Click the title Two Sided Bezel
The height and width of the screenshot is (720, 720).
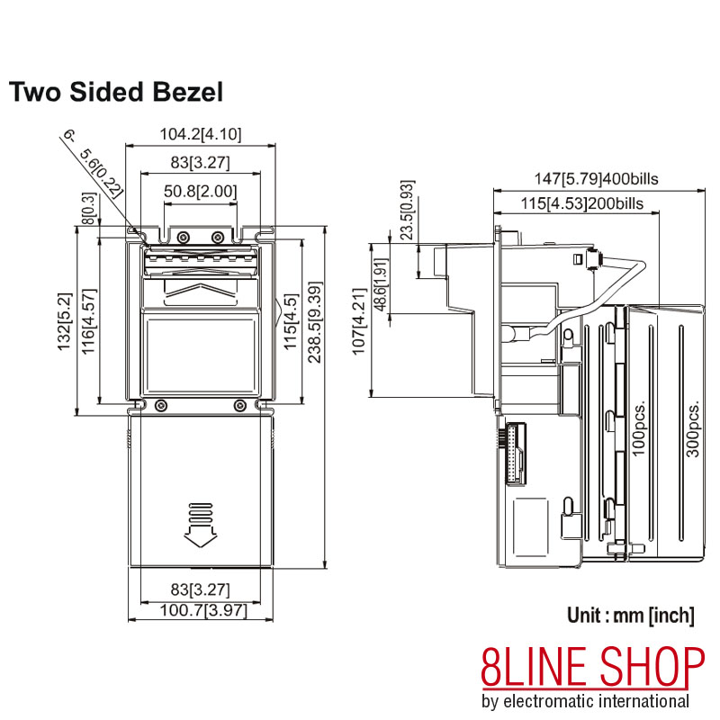[x=115, y=91]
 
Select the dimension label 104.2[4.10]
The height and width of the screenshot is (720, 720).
[x=200, y=135]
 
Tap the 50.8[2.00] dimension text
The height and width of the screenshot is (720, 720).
[x=200, y=192]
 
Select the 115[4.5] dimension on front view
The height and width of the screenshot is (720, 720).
[x=290, y=316]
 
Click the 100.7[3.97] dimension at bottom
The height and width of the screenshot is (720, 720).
[x=200, y=611]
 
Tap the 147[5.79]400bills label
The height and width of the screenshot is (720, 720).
[x=598, y=179]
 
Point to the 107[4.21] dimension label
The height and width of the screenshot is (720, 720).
[x=360, y=321]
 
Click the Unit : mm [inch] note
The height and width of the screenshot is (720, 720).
[x=630, y=616]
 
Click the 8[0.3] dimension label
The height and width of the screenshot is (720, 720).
[x=88, y=208]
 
